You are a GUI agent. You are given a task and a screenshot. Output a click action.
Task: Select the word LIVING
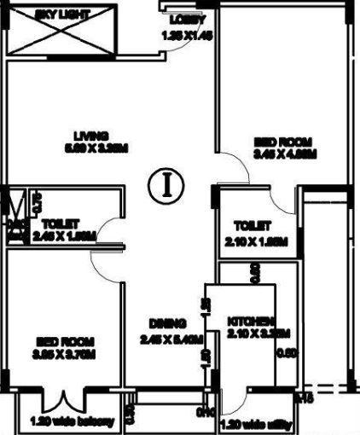click(x=90, y=135)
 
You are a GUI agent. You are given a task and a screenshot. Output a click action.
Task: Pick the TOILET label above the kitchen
click(x=253, y=226)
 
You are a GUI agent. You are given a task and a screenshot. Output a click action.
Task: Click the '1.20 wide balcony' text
click(x=59, y=421)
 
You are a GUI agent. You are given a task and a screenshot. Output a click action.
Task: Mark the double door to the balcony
click(x=63, y=399)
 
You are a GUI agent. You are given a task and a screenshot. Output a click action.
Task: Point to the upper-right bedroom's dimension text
click(x=285, y=154)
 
